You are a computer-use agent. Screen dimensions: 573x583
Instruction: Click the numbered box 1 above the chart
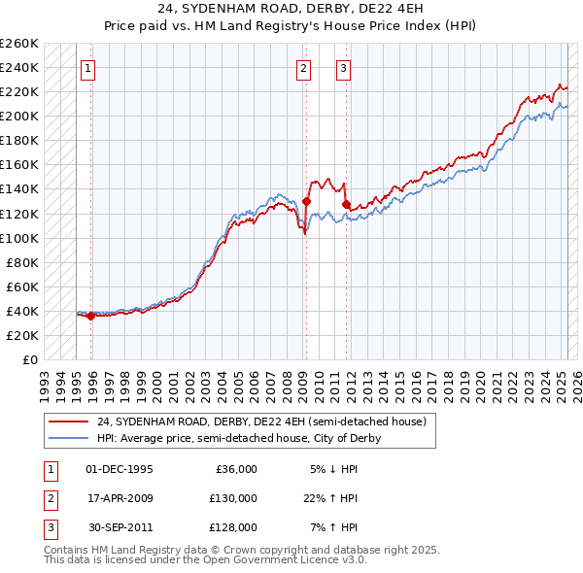(87, 68)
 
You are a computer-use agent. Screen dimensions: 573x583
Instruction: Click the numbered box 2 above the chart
(304, 68)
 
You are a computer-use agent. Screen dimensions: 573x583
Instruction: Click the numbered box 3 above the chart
(344, 68)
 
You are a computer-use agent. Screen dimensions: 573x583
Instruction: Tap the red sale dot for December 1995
(90, 316)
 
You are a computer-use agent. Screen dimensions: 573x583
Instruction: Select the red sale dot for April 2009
(306, 201)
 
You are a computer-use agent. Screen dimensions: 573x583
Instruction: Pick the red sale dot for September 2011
(346, 204)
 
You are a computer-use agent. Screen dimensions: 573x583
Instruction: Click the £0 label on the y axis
(29, 359)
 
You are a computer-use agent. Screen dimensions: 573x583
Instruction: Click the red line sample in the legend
(68, 422)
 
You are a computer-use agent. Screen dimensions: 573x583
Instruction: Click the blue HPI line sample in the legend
(68, 438)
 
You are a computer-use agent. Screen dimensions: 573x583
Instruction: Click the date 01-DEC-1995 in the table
(120, 469)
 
